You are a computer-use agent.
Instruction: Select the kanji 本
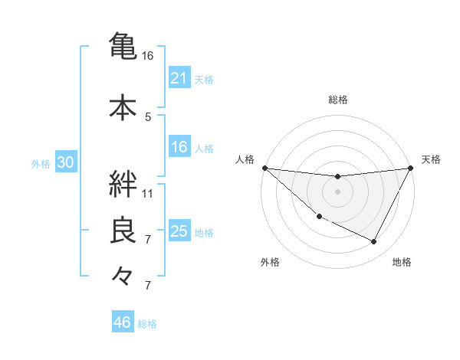point(123,106)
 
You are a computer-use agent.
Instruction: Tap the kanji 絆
point(123,184)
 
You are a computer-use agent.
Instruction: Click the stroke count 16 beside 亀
point(148,56)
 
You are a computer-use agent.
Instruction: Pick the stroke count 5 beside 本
point(148,116)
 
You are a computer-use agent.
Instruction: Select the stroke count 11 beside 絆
point(148,194)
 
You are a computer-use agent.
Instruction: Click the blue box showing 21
point(179,78)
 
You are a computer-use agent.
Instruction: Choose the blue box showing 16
point(179,148)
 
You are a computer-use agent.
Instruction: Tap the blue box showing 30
point(65,163)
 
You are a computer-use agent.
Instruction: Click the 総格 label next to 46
point(147,324)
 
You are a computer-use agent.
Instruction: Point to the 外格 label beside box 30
point(41,164)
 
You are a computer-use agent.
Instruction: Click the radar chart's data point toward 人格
point(264,168)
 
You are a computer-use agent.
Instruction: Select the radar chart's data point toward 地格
point(374,242)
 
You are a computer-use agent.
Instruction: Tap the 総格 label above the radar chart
point(338,100)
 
